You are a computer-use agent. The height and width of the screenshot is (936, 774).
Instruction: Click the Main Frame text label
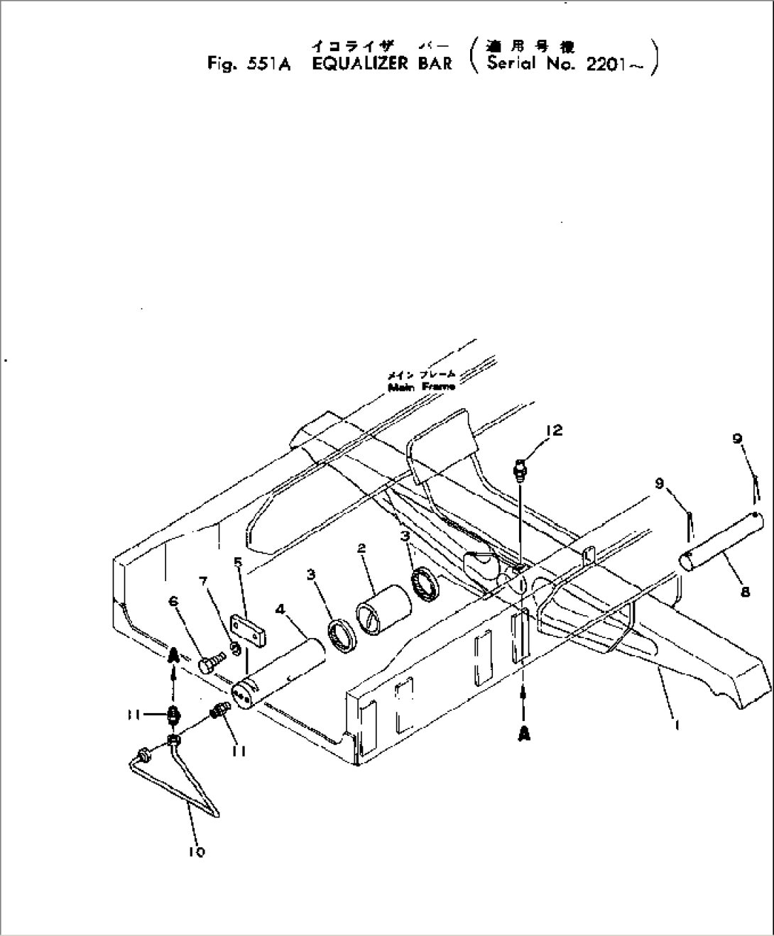pos(421,387)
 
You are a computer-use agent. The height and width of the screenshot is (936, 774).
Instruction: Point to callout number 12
pos(554,431)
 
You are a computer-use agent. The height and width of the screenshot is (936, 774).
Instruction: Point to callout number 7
pos(205,582)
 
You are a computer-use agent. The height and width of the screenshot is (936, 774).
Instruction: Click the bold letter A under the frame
pos(524,734)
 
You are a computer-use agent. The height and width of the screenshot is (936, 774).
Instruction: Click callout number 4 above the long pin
pos(281,608)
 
